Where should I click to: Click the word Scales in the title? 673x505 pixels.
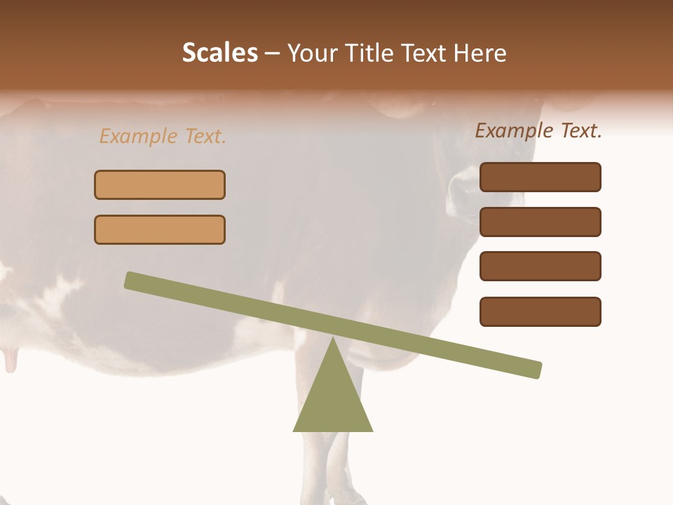pos(219,53)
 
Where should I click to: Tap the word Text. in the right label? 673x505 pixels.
pos(579,130)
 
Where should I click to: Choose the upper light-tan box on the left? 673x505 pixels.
pos(160,184)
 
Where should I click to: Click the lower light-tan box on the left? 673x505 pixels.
pos(160,229)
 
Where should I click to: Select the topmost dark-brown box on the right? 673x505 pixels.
pos(541,177)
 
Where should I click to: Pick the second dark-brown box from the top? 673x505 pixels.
pos(541,222)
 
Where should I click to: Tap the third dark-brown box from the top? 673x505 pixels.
pos(541,267)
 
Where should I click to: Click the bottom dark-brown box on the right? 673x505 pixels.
pos(541,311)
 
